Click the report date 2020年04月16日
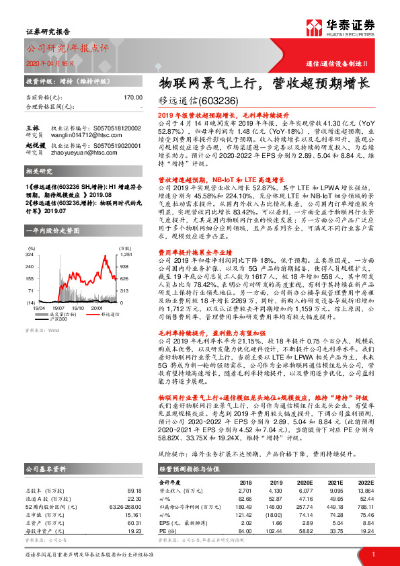pos(49,63)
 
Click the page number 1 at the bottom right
pos(372,555)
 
